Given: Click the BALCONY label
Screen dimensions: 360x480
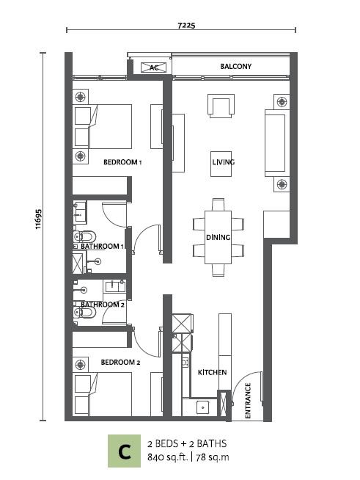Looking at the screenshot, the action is [x=235, y=66].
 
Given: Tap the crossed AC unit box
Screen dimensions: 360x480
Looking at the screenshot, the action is [x=153, y=68].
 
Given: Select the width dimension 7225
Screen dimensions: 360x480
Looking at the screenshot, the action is [x=186, y=26].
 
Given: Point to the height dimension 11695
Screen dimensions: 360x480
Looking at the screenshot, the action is [x=38, y=219].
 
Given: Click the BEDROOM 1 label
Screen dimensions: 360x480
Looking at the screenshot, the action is [x=122, y=162].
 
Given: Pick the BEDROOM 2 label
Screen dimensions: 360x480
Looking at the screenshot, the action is [x=120, y=363].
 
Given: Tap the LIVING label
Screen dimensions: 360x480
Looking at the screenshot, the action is [x=224, y=162].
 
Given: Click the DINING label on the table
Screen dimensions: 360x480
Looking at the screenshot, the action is [x=218, y=237].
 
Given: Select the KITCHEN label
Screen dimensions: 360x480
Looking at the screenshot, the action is [x=213, y=372].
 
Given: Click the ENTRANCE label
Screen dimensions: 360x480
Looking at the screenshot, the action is [x=248, y=401].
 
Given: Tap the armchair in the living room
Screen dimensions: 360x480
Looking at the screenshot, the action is [x=221, y=106].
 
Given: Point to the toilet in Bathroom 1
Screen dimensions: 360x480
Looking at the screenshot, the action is [x=84, y=236].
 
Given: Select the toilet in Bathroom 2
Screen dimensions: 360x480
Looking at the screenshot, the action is [x=84, y=313].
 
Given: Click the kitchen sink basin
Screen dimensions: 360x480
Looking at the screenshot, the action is [x=202, y=407].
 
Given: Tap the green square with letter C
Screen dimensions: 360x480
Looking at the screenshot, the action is [x=124, y=451].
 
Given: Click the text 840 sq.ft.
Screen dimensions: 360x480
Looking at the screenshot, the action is [x=168, y=457].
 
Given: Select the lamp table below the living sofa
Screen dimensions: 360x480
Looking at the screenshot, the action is [x=282, y=184].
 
